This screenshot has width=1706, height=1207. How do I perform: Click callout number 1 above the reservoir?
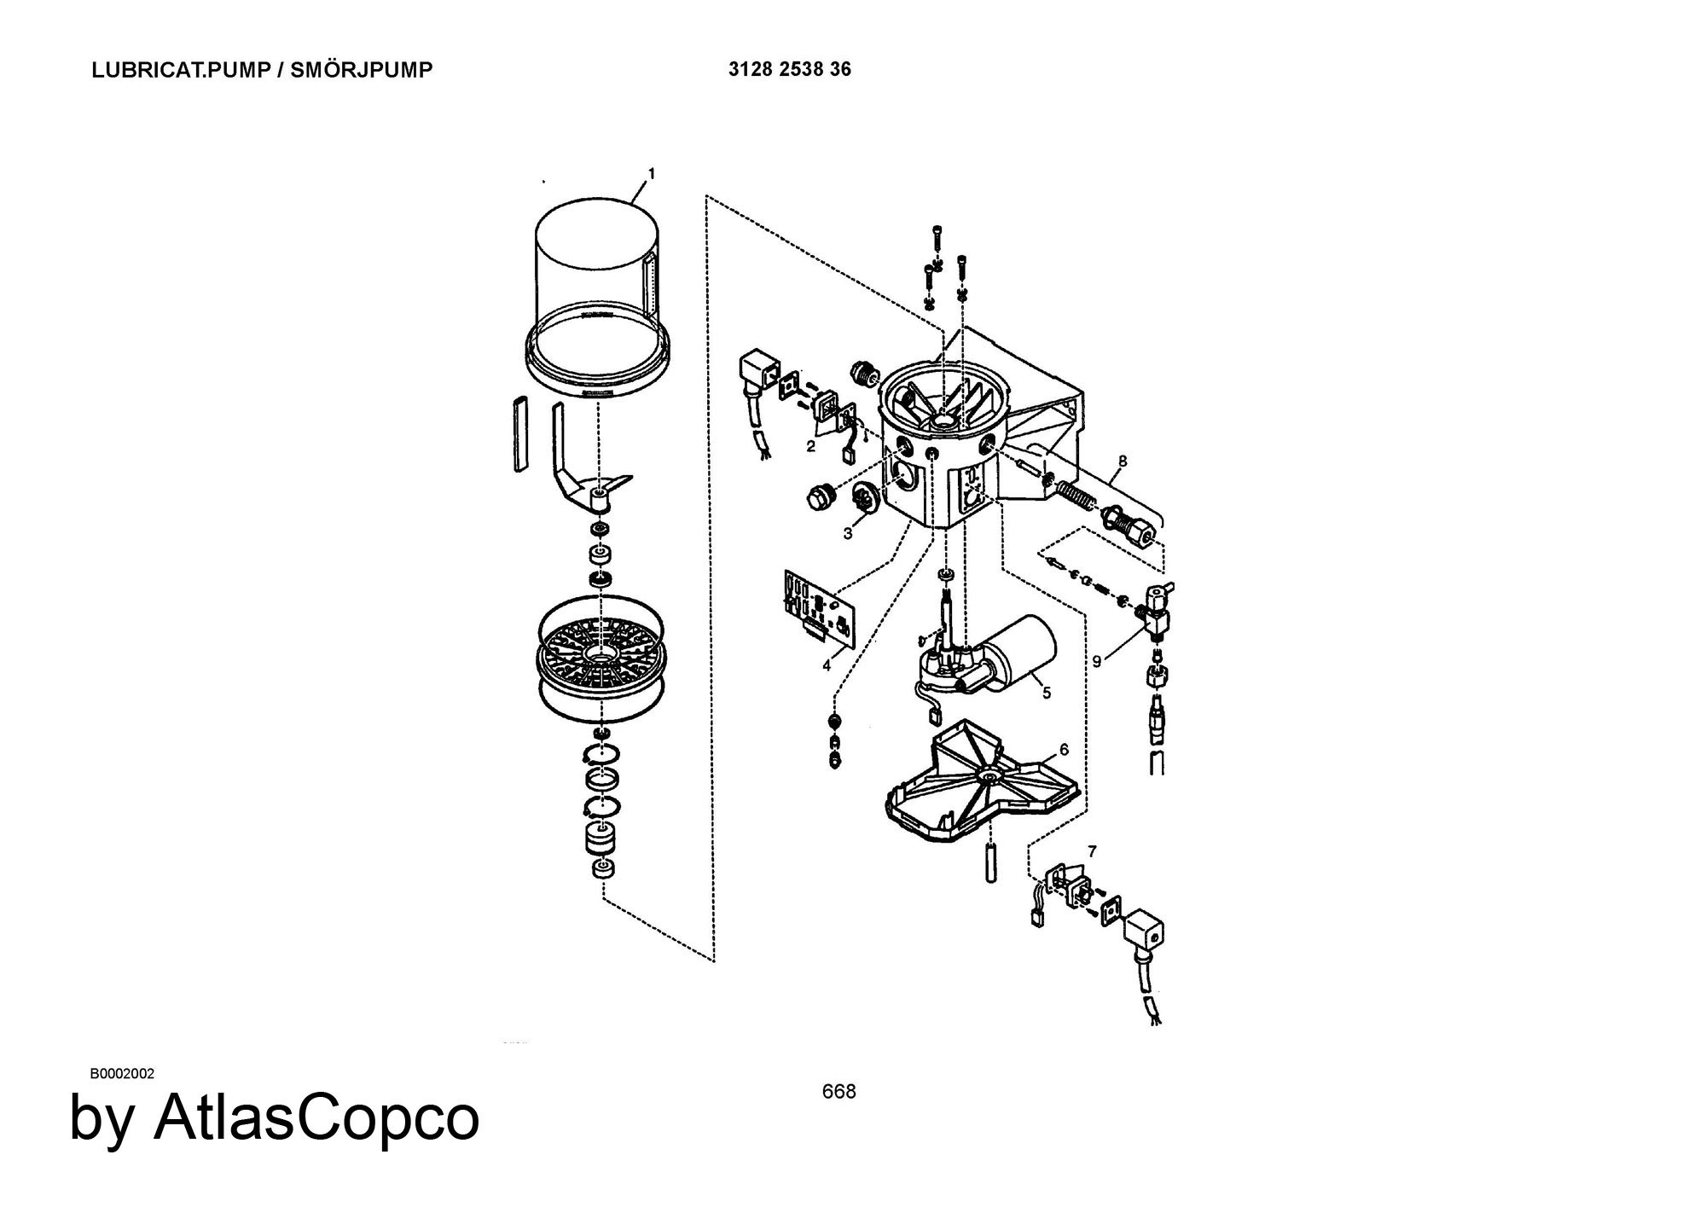pyautogui.click(x=652, y=174)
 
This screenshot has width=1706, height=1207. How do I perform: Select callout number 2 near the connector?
pyautogui.click(x=810, y=445)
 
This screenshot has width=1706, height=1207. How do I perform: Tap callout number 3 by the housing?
pyautogui.click(x=848, y=534)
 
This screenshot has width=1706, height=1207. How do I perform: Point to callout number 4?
pyautogui.click(x=827, y=666)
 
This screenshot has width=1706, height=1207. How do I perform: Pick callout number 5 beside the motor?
pyautogui.click(x=1047, y=693)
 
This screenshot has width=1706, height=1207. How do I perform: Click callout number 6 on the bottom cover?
pyautogui.click(x=1064, y=750)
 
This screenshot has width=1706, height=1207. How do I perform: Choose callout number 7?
pyautogui.click(x=1093, y=851)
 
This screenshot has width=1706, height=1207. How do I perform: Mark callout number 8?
pyautogui.click(x=1123, y=461)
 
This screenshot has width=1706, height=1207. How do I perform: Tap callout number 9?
pyautogui.click(x=1097, y=660)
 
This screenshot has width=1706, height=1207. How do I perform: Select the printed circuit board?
pyautogui.click(x=820, y=607)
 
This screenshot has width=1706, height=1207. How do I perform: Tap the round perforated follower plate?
pyautogui.click(x=601, y=659)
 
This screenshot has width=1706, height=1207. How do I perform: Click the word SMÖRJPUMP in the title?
pyautogui.click(x=362, y=70)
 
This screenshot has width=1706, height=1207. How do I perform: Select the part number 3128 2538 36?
pyautogui.click(x=790, y=69)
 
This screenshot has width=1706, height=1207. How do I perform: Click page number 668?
pyautogui.click(x=838, y=1091)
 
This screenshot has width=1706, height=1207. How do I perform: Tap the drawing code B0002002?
pyautogui.click(x=122, y=1073)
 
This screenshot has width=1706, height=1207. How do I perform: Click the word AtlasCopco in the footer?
pyautogui.click(x=316, y=1117)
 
